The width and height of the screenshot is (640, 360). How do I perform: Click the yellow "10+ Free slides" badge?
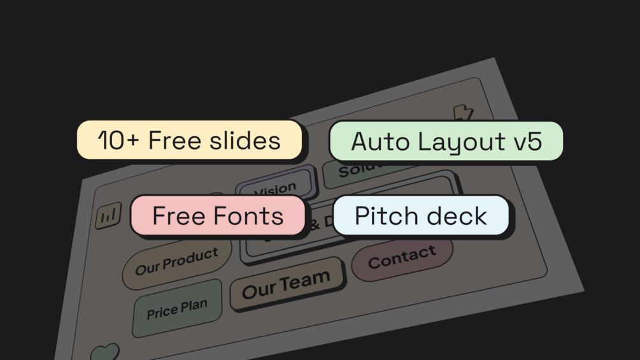pyautogui.click(x=189, y=140)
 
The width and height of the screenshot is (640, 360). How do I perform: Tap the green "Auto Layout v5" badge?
pyautogui.click(x=446, y=141)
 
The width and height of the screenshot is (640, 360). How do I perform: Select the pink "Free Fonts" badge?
pyautogui.click(x=218, y=215)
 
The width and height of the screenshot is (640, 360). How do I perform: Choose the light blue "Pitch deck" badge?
pyautogui.click(x=420, y=215)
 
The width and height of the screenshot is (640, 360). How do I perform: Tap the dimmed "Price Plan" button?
pyautogui.click(x=177, y=309)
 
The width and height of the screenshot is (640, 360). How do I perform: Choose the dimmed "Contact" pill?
pyautogui.click(x=402, y=256)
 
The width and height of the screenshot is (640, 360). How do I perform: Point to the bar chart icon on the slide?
pyautogui.click(x=108, y=216)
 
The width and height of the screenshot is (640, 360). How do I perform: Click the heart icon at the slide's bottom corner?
pyautogui.click(x=104, y=352)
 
